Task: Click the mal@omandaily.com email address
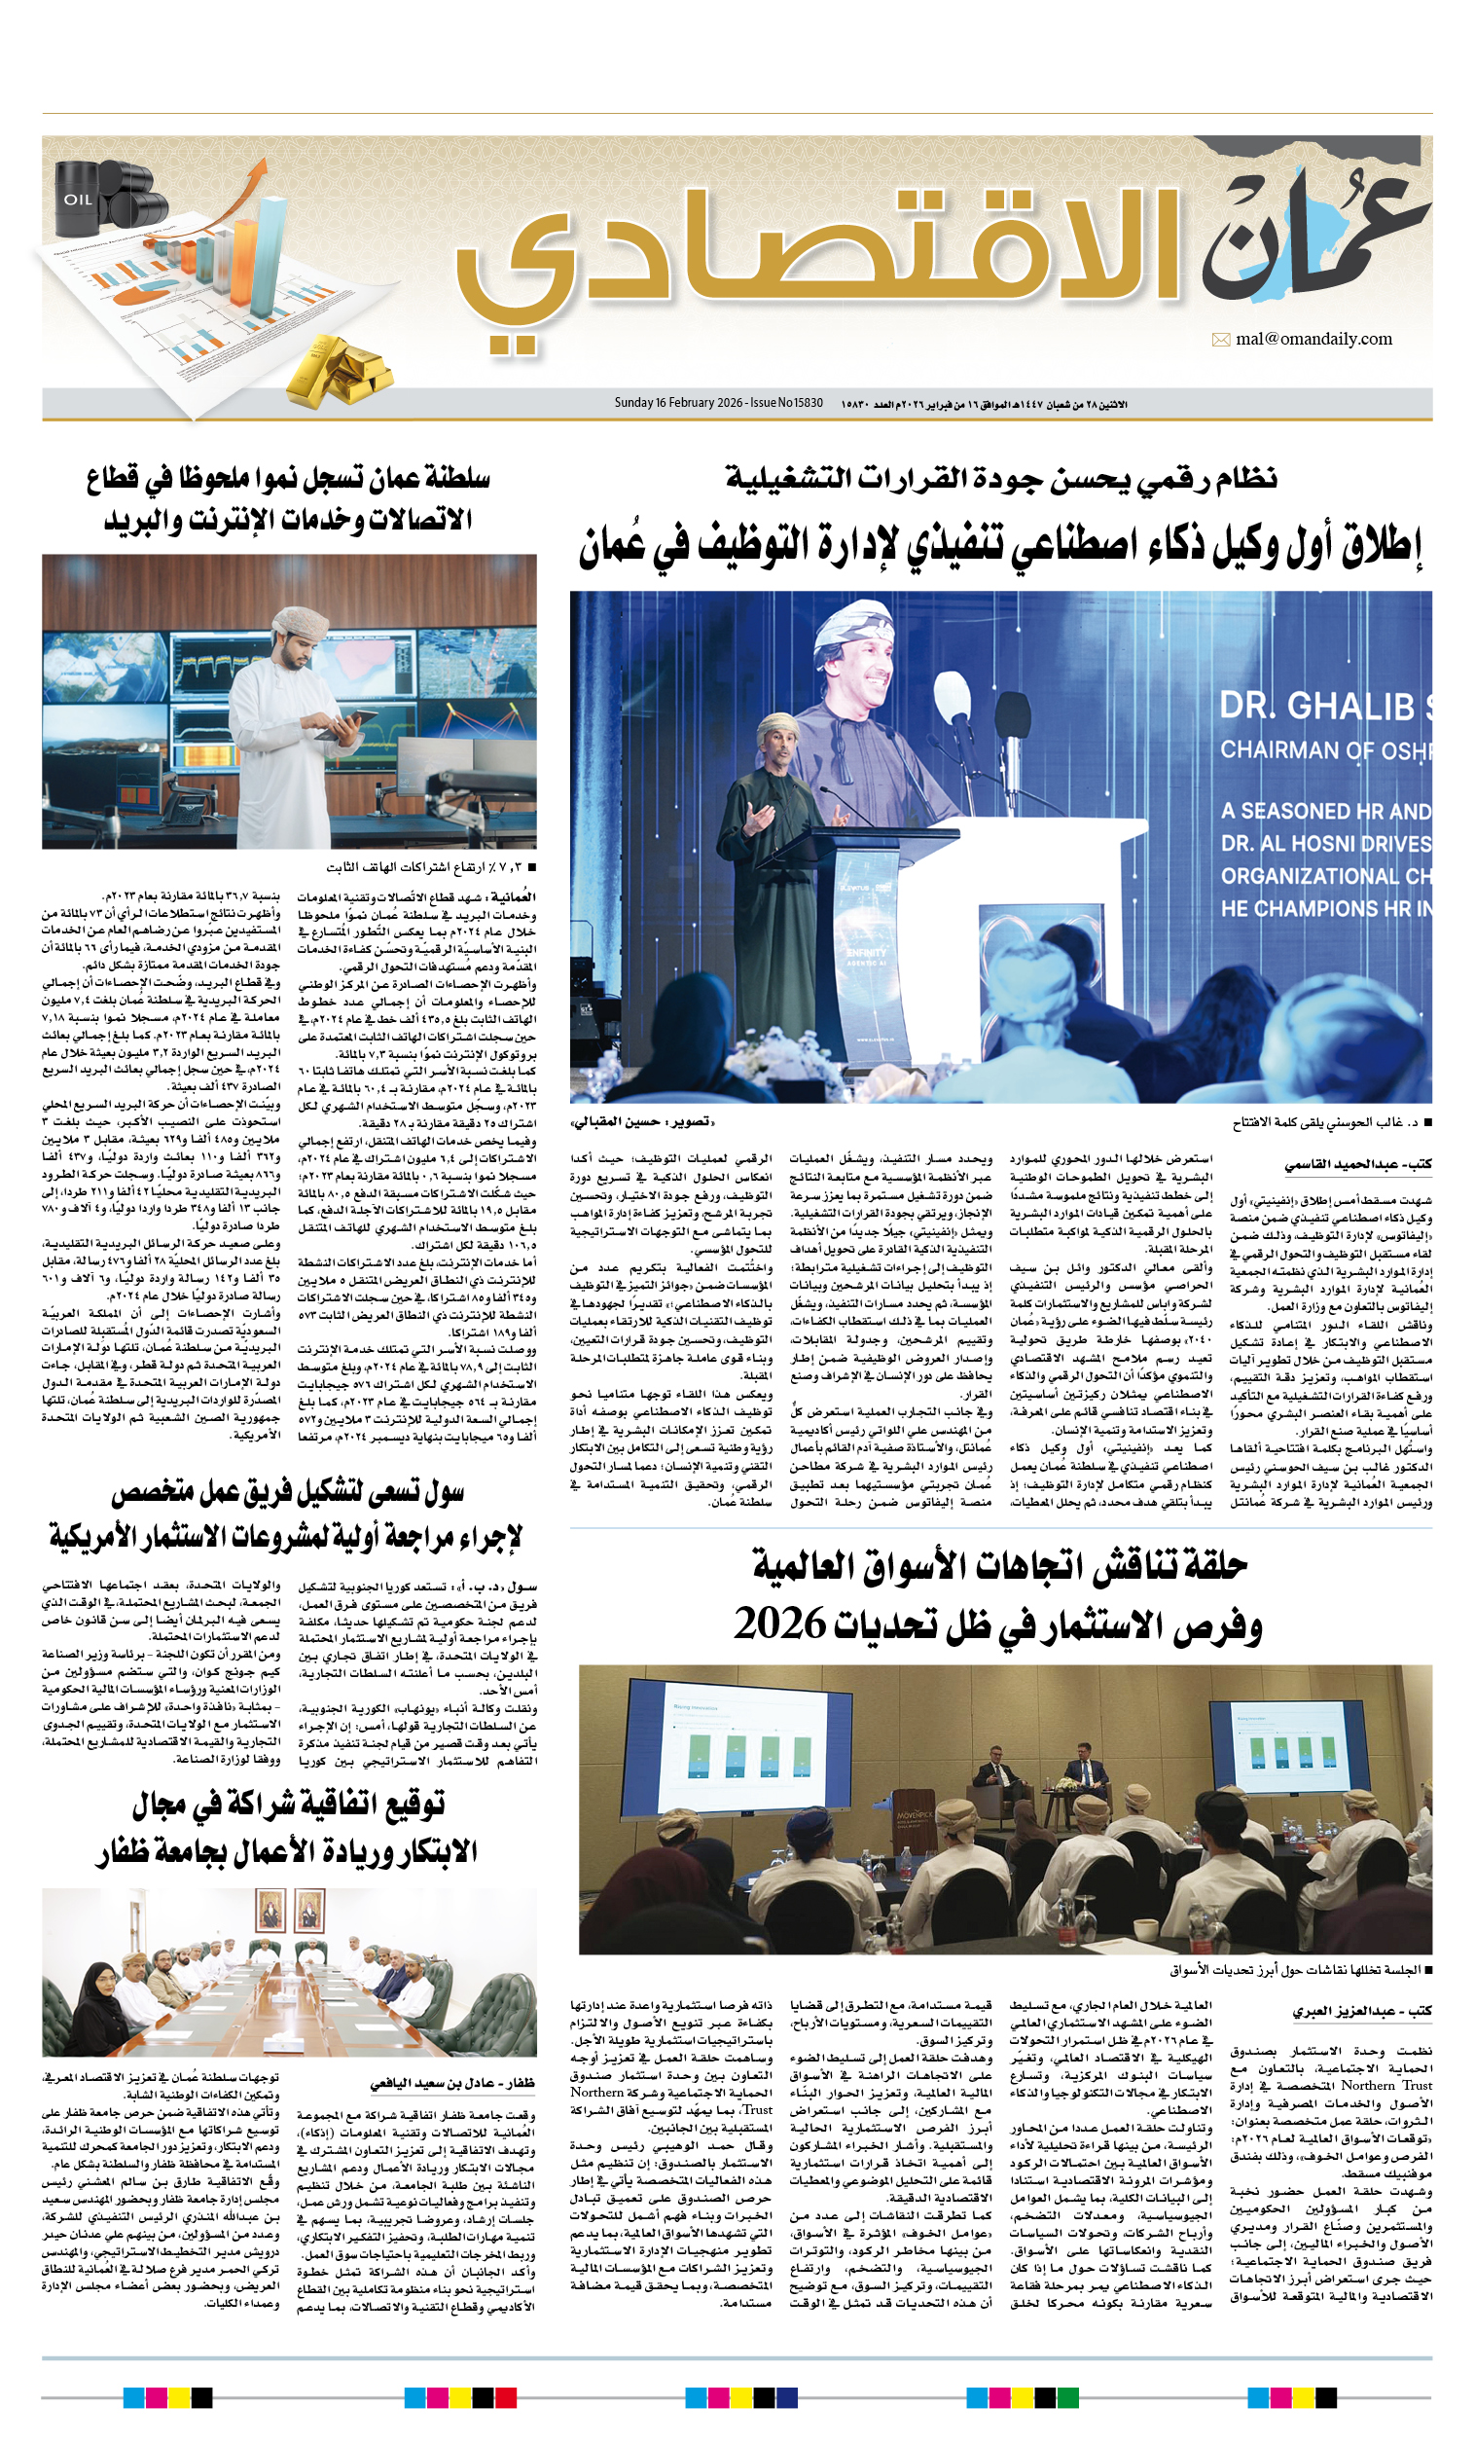(x=1313, y=340)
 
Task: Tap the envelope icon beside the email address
(x=1220, y=341)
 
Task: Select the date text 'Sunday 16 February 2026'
(x=678, y=403)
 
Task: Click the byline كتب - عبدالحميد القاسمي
(x=1358, y=1164)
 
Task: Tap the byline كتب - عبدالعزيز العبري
(x=1362, y=2011)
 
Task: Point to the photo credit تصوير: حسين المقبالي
(x=642, y=1122)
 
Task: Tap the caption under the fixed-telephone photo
(x=430, y=867)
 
